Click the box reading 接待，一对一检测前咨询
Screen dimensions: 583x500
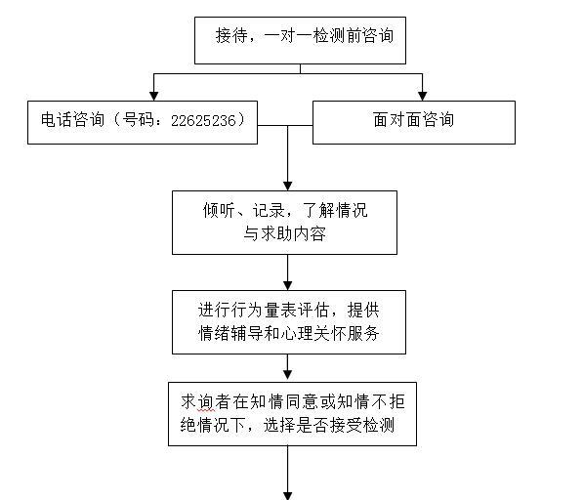tap(300, 40)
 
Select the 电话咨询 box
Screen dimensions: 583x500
tap(143, 122)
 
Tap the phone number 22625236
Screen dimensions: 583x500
tap(203, 120)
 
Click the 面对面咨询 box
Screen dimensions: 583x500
tap(414, 122)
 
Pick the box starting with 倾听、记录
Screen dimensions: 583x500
tap(284, 223)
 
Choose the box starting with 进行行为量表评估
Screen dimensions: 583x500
tap(289, 322)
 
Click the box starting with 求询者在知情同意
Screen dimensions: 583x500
tap(292, 414)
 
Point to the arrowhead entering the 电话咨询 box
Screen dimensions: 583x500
tap(154, 96)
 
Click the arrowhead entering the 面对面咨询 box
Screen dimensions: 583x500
tap(423, 96)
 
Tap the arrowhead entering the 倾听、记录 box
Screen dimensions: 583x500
tap(288, 186)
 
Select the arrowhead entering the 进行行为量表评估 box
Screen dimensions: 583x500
tap(288, 285)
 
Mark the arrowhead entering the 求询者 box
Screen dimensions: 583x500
tap(288, 375)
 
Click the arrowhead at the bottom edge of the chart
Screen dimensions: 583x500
tap(288, 496)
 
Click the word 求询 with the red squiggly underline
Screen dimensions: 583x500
tap(197, 402)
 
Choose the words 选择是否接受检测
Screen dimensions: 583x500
tap(329, 425)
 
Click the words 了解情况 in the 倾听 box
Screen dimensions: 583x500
tap(336, 210)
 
